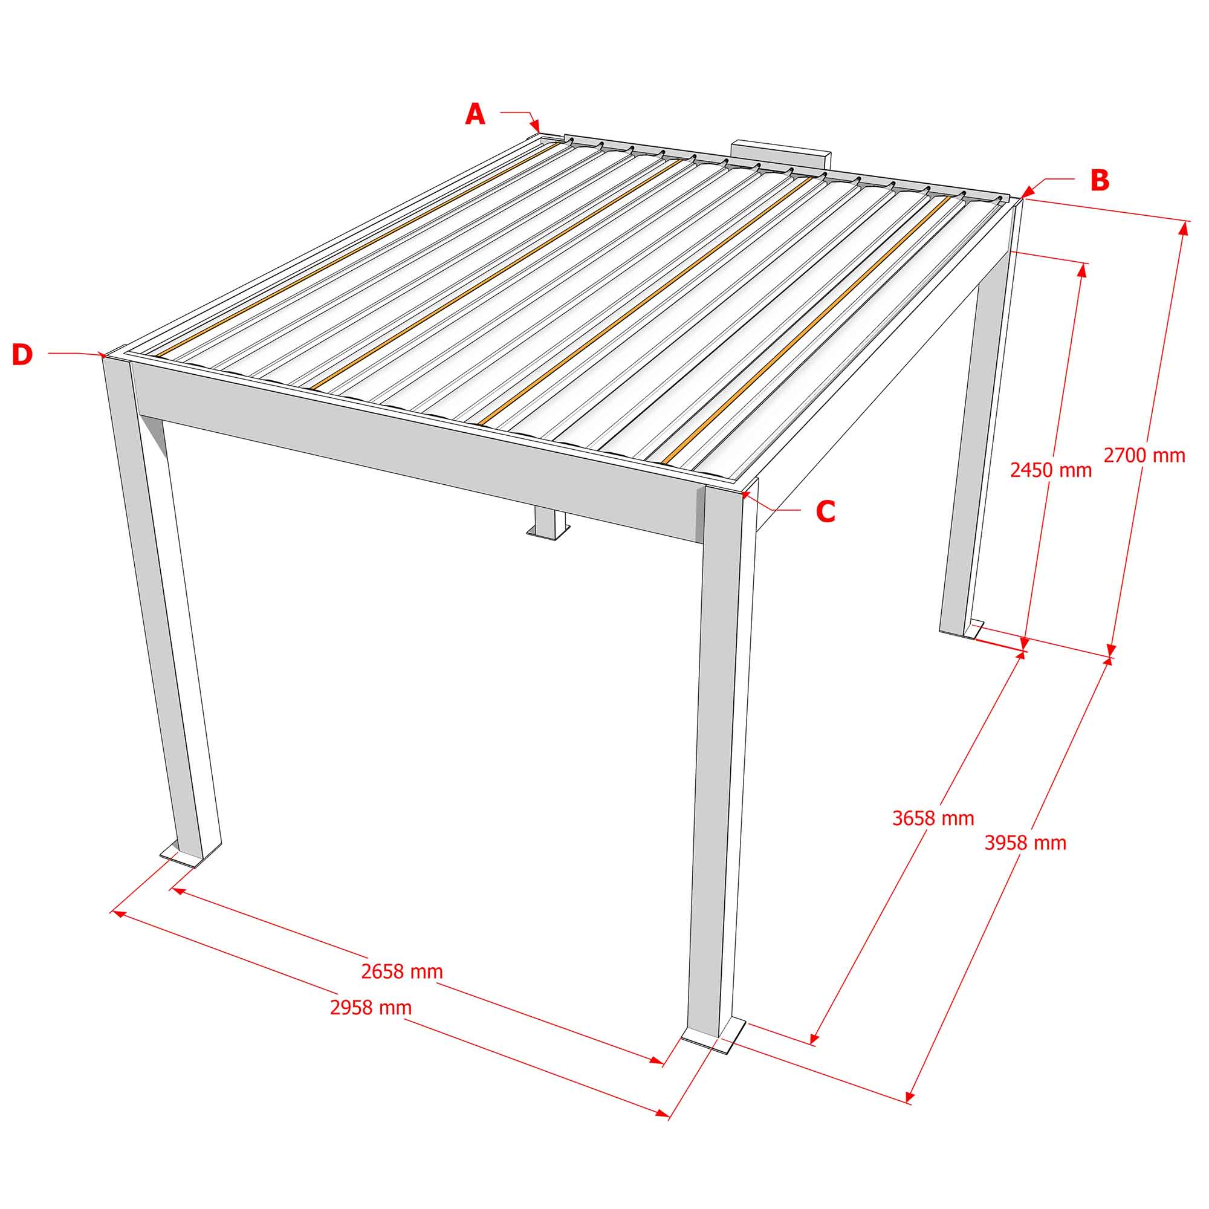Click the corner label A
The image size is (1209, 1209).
pos(475,114)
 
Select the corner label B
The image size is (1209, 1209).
pos(1100,180)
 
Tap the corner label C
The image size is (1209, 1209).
pos(826,511)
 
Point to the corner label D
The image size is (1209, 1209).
pos(22,355)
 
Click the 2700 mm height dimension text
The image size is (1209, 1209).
pos(1144,456)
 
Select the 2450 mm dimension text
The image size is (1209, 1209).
pos(1051,470)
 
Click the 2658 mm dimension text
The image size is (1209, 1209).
pos(402,971)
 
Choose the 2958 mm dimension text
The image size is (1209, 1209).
pos(371,1008)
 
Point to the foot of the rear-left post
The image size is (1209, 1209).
pos(548,530)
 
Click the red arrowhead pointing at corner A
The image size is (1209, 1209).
pos(536,127)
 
